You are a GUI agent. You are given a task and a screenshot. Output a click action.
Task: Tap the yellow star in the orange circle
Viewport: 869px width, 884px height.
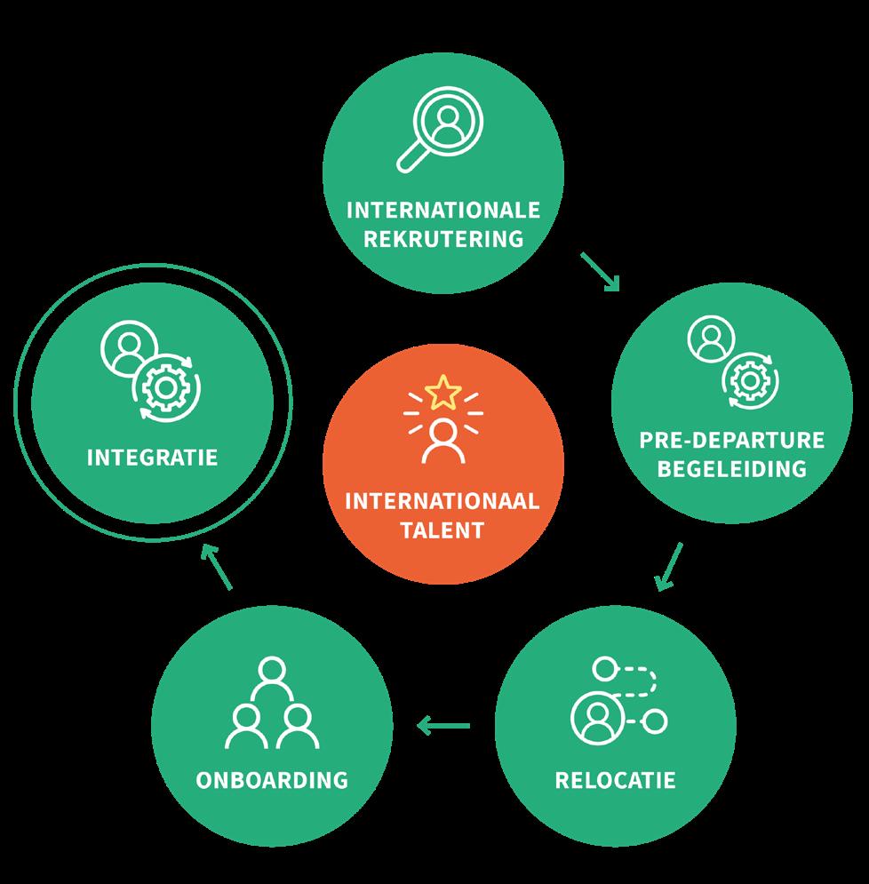pos(442,392)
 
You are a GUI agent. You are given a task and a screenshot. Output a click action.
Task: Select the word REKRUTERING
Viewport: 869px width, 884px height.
pos(442,238)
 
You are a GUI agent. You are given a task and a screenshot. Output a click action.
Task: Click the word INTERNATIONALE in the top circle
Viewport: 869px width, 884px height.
pos(442,211)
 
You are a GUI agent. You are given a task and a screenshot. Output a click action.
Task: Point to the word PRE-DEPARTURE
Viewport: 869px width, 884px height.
pos(732,441)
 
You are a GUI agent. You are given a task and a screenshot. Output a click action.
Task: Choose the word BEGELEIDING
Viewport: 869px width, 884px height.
pos(732,467)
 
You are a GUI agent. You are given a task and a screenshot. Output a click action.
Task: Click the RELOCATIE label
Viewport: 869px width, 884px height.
pos(615,781)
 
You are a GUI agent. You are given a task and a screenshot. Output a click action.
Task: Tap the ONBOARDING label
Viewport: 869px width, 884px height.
pos(272,781)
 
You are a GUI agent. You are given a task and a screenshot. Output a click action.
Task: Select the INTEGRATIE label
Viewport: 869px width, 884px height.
pos(152,458)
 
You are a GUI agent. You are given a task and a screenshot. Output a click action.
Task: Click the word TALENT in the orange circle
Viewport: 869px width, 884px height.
pos(442,530)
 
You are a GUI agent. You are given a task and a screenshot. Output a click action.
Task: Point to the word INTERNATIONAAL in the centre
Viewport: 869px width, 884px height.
pos(442,502)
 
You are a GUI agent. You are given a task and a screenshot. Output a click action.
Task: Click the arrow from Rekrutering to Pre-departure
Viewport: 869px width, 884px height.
pos(600,271)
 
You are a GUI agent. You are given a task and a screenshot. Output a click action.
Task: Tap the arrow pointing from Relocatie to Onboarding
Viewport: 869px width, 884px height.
pos(443,727)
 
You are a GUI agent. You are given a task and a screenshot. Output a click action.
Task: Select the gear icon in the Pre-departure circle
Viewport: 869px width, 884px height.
pos(748,380)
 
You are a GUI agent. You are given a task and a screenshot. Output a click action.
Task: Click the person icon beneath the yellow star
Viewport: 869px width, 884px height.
pos(442,442)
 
